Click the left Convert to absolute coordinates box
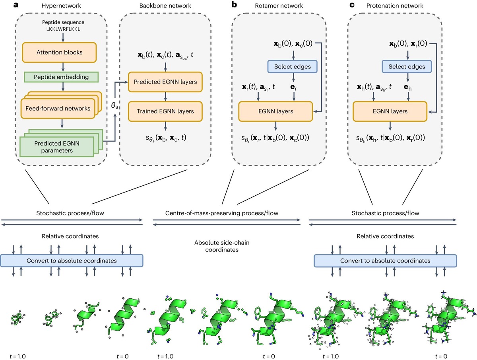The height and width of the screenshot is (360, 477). pos(72,261)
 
